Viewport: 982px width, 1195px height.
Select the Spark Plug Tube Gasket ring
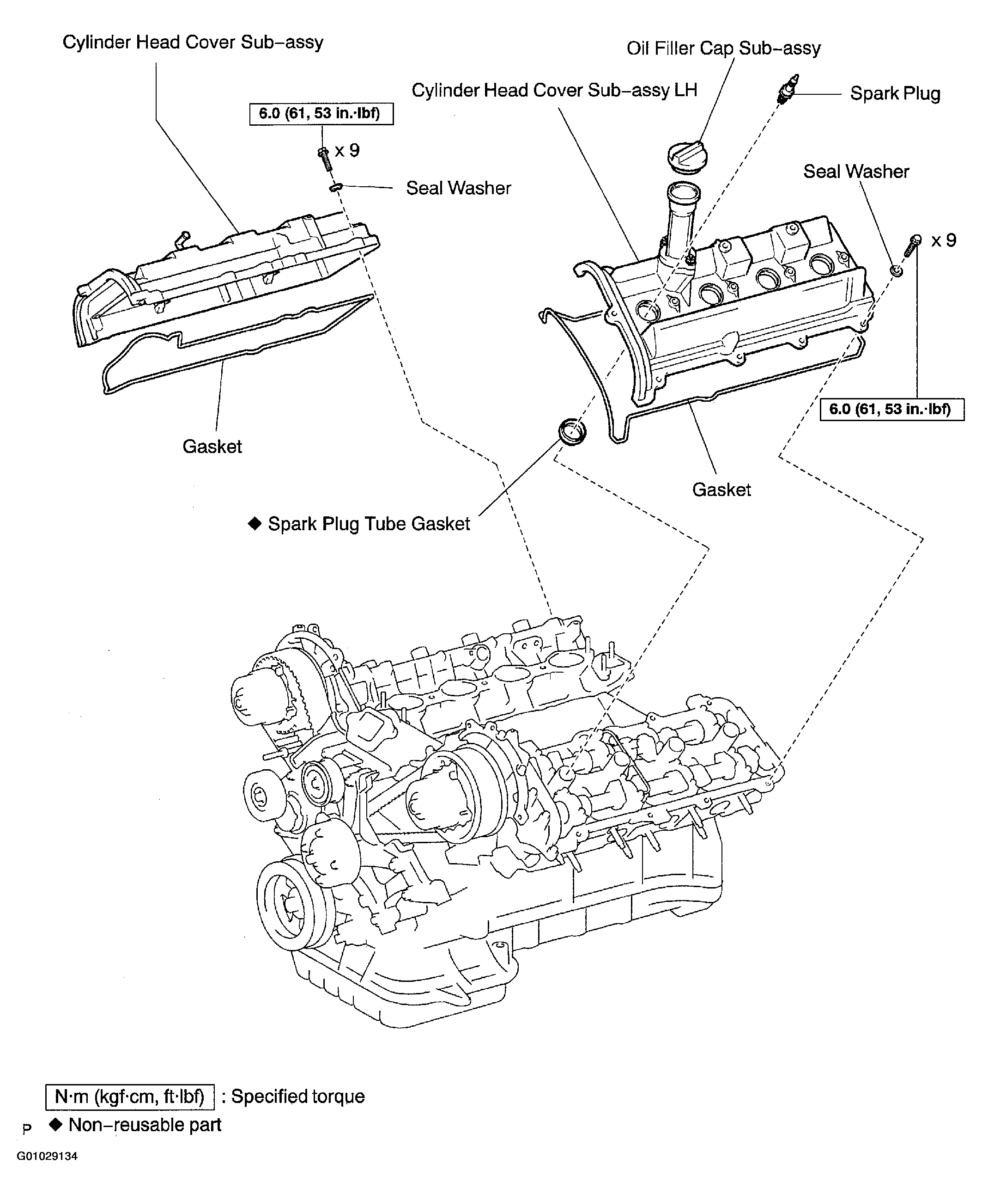pos(572,431)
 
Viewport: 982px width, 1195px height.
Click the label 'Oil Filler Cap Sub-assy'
pos(723,49)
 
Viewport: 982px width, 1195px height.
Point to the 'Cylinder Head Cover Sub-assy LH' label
pos(554,91)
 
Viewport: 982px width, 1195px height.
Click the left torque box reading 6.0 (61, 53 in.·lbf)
pos(321,114)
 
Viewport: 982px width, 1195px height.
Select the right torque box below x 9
pos(891,409)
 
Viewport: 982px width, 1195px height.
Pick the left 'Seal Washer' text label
pos(458,189)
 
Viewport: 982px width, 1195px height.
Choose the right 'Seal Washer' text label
pos(855,172)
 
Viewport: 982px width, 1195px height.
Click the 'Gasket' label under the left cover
pos(212,447)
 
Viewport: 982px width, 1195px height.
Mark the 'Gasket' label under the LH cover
pos(721,490)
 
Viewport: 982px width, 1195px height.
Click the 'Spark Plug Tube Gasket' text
pos(368,524)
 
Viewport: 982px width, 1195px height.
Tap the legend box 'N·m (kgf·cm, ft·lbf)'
pos(129,1097)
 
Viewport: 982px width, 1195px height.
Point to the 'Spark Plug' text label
pos(894,94)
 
